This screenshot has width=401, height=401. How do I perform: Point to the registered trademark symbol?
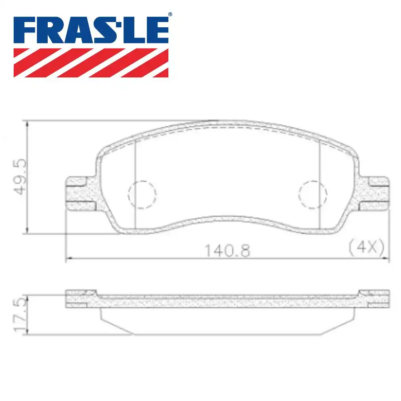[170, 14]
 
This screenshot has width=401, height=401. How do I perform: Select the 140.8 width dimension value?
[227, 251]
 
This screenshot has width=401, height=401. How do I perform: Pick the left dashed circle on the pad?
[142, 194]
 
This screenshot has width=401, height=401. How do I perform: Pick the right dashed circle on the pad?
[312, 194]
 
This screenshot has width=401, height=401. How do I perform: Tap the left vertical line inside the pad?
[136, 184]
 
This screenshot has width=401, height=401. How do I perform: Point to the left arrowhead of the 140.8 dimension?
[68, 259]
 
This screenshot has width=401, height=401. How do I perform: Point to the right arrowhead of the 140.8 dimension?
[386, 259]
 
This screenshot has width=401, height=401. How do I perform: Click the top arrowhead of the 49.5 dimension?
[27, 123]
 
